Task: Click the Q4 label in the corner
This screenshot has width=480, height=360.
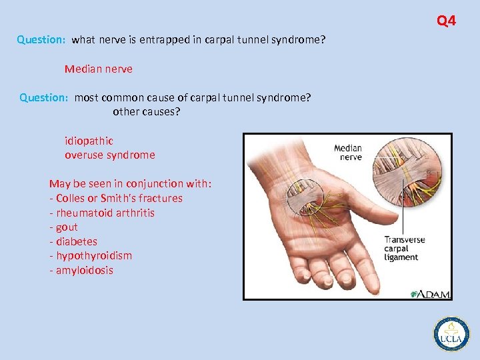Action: [x=446, y=21]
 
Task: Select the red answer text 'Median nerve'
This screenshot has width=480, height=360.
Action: [x=99, y=69]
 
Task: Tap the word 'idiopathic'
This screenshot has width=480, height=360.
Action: [x=89, y=141]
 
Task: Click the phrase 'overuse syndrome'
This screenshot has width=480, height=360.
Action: [x=110, y=155]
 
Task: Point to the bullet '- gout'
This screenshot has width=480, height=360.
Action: [x=63, y=227]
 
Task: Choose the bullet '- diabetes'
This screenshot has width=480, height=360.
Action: [x=73, y=241]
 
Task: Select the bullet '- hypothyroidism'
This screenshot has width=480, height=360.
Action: [x=91, y=255]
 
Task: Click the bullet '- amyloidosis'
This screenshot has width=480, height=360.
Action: [x=81, y=270]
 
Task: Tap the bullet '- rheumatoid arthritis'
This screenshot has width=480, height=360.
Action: [x=102, y=213]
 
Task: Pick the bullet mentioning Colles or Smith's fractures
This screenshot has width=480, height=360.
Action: [x=116, y=198]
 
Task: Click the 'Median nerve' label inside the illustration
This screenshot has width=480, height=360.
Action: [x=347, y=153]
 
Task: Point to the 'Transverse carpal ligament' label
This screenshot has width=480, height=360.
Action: [x=404, y=248]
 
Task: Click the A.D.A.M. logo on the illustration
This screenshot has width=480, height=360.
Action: [x=430, y=293]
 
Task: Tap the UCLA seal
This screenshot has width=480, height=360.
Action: [x=451, y=333]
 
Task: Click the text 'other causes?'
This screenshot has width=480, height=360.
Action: [x=147, y=111]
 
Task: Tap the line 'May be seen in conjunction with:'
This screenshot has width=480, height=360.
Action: [x=131, y=183]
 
